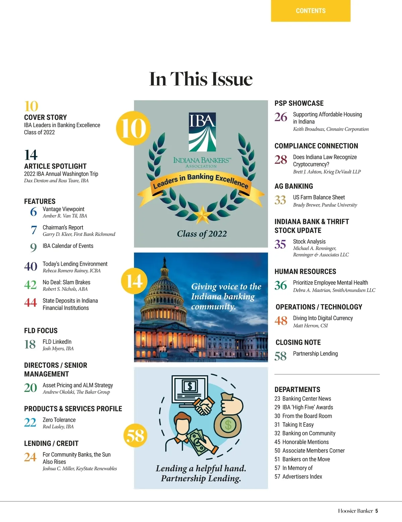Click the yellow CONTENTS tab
click(311, 11)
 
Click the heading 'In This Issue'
click(201, 79)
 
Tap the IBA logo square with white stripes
click(202, 132)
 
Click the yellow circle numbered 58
click(135, 435)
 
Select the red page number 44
click(30, 303)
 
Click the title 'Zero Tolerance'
click(59, 420)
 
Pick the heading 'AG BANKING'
click(293, 186)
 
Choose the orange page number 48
click(281, 321)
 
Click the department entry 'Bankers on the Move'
click(306, 459)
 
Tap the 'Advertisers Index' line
click(302, 477)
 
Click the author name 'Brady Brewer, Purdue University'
click(325, 205)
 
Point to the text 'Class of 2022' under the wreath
click(202, 234)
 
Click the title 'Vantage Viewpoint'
click(63, 209)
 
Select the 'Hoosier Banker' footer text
click(355, 511)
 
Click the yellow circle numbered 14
click(134, 281)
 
